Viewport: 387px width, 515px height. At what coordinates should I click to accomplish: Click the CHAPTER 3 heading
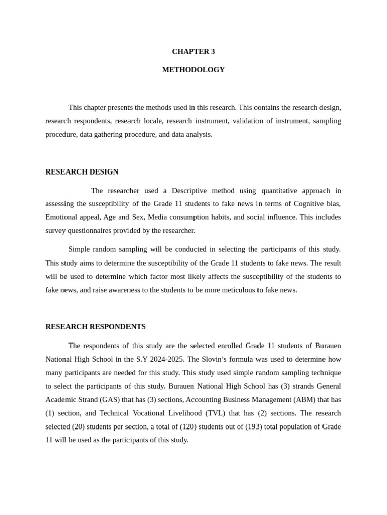[x=193, y=51]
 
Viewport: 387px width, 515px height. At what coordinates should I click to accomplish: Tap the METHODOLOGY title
[x=193, y=70]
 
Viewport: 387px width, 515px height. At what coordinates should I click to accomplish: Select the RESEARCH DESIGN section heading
[x=82, y=171]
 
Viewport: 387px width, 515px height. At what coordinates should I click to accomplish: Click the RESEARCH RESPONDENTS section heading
[x=95, y=326]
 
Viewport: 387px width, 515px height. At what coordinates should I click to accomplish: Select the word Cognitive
[x=308, y=204]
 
